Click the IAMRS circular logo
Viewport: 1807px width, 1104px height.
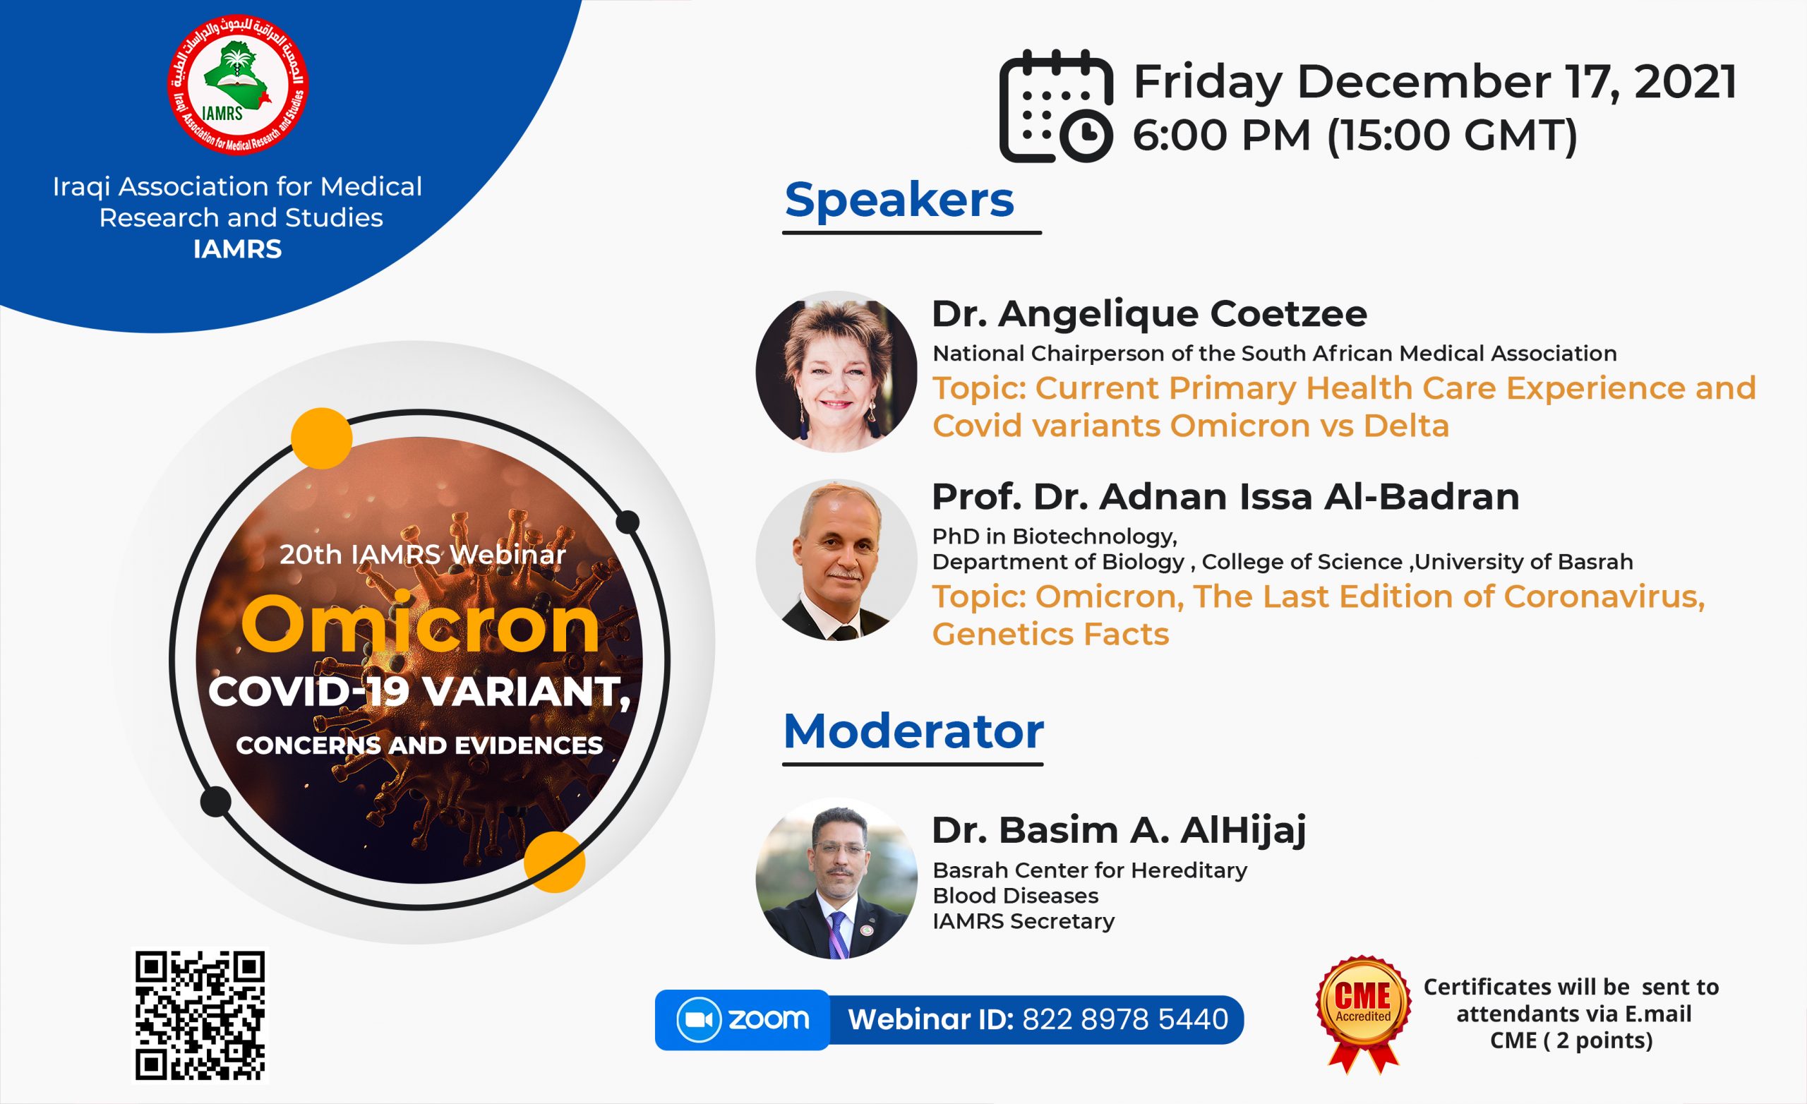tap(238, 85)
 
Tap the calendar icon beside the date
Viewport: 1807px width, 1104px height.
tap(1056, 106)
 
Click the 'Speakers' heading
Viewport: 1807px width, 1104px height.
tap(899, 200)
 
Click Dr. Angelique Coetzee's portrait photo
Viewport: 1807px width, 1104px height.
tap(836, 371)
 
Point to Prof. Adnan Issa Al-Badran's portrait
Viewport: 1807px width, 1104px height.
tap(836, 560)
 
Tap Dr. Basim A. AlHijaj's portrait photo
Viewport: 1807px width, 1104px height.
tap(836, 878)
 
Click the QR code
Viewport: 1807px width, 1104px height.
tap(200, 1016)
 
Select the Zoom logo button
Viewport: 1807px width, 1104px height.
tap(742, 1019)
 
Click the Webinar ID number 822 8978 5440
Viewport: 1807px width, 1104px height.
tap(1125, 1019)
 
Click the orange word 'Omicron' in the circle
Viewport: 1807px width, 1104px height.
tap(420, 624)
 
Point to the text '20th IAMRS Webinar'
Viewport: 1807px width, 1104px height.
tap(422, 555)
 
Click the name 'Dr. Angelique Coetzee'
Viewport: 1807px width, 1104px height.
tap(1149, 314)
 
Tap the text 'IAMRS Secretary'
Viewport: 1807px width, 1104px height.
tap(1023, 921)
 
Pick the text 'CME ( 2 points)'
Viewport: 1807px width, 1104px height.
tap(1571, 1040)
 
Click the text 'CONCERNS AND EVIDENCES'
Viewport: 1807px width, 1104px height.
tap(419, 745)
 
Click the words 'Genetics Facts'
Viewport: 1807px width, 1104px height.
tap(1050, 635)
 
